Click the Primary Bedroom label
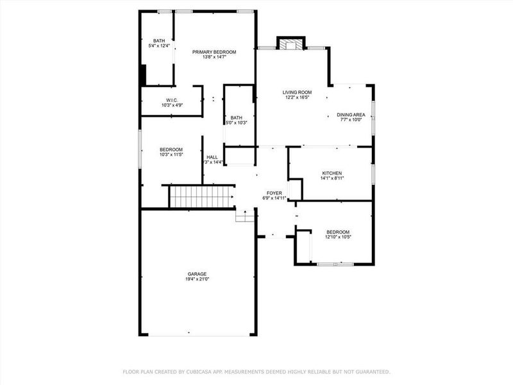215,52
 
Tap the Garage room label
197,274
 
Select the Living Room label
297,92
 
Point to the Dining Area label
351,115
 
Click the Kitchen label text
332,173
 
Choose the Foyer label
275,193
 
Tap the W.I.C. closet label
171,100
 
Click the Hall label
212,157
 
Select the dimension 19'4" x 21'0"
197,279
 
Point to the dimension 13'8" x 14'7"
215,58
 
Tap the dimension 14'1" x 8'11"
332,179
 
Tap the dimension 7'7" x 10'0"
351,120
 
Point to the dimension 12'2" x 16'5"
297,98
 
